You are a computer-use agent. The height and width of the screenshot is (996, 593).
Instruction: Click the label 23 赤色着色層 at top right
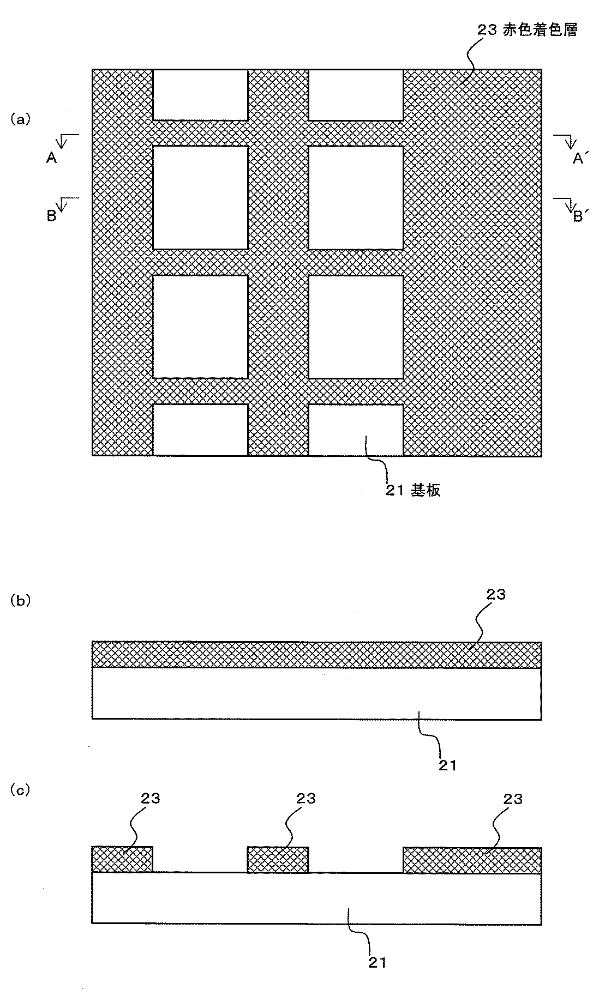click(528, 31)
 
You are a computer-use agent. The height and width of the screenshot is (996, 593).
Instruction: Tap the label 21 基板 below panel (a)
click(413, 491)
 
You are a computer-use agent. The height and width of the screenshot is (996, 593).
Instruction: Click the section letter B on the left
click(51, 216)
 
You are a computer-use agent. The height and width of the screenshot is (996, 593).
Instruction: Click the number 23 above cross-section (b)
click(495, 594)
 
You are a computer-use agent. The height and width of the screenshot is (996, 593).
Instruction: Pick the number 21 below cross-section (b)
click(447, 765)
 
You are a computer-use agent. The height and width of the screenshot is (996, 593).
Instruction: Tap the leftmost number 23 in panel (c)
click(151, 798)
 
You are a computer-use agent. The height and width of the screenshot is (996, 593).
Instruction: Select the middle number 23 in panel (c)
click(306, 798)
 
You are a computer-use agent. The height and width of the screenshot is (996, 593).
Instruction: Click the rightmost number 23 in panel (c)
click(513, 799)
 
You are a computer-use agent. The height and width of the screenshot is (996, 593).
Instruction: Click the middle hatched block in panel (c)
click(278, 860)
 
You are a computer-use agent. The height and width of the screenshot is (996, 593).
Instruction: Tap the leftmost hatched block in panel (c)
click(122, 859)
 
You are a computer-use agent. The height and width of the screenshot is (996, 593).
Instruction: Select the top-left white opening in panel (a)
click(200, 94)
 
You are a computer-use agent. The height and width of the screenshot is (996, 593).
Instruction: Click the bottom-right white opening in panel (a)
click(356, 430)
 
